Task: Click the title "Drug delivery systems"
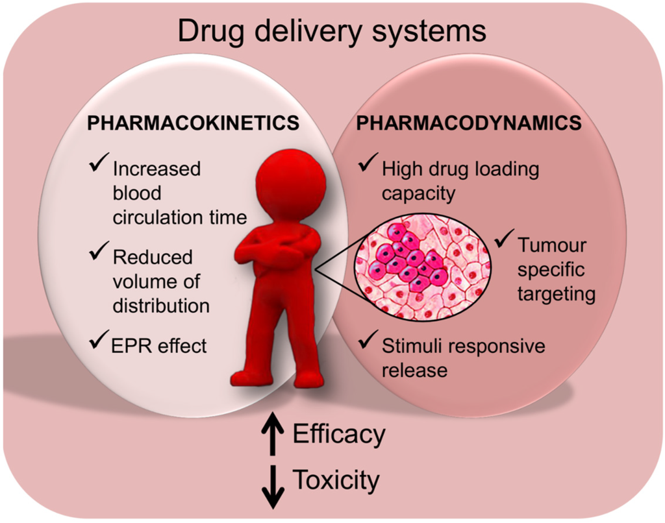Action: [332, 30]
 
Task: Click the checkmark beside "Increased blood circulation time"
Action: [99, 166]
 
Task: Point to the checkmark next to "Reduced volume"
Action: [99, 254]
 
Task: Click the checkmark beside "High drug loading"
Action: [368, 167]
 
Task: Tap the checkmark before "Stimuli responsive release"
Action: [368, 343]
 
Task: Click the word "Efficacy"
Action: [339, 433]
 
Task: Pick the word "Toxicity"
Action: [336, 481]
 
